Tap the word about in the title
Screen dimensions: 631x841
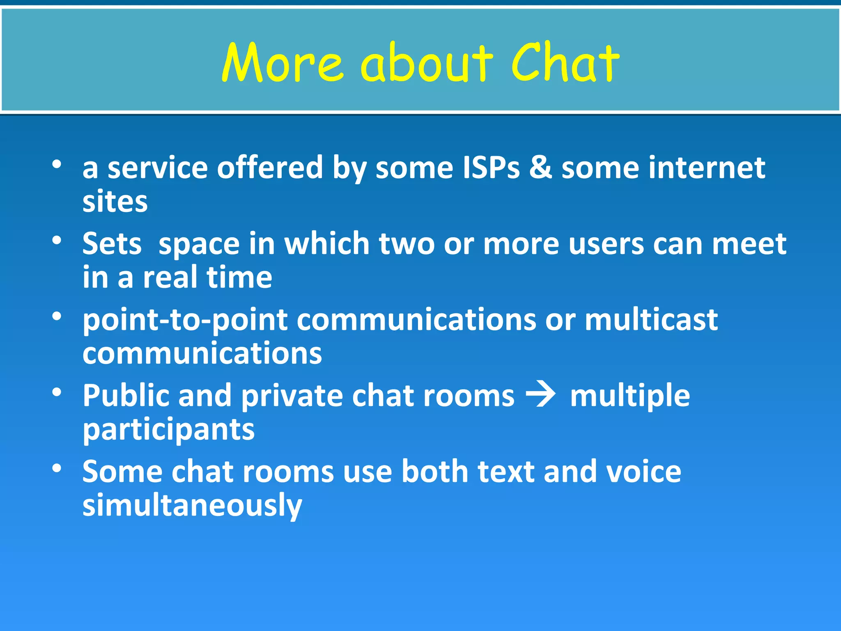tap(426, 62)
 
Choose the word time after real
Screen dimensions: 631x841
tap(239, 277)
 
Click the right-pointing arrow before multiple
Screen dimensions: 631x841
tap(541, 395)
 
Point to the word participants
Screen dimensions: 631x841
tap(168, 430)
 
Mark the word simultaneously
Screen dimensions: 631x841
tap(192, 505)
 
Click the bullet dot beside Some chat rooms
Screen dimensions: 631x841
tap(57, 468)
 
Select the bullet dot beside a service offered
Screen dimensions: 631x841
tap(57, 164)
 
